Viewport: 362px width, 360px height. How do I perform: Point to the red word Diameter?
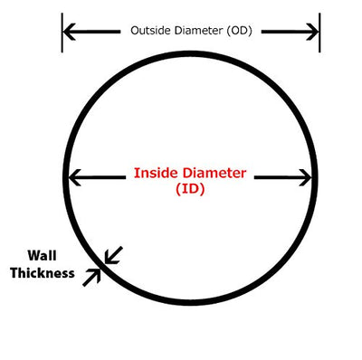pyautogui.click(x=214, y=173)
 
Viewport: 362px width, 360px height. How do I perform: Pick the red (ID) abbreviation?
pyautogui.click(x=190, y=189)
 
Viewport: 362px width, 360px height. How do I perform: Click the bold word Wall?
pyautogui.click(x=42, y=256)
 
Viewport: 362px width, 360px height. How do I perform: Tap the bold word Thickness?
pyautogui.click(x=43, y=273)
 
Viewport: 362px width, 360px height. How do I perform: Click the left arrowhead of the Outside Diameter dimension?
pyautogui.click(x=69, y=32)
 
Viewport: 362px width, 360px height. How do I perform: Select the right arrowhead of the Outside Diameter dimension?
pyautogui.click(x=312, y=32)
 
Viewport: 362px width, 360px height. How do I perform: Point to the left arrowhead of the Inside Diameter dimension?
pyautogui.click(x=74, y=177)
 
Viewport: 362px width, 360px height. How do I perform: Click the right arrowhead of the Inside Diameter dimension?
pyautogui.click(x=305, y=177)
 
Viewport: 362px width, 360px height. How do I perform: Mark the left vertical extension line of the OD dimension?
pyautogui.click(x=62, y=33)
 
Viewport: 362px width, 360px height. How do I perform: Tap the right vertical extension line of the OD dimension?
pyautogui.click(x=319, y=33)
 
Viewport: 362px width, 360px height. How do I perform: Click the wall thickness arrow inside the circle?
pyautogui.click(x=113, y=255)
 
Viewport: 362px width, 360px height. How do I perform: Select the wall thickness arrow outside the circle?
pyautogui.click(x=91, y=277)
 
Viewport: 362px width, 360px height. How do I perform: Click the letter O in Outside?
pyautogui.click(x=135, y=31)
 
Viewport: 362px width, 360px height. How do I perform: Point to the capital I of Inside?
pyautogui.click(x=136, y=173)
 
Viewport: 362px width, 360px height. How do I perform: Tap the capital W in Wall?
pyautogui.click(x=34, y=256)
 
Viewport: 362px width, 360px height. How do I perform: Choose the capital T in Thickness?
pyautogui.click(x=14, y=273)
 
